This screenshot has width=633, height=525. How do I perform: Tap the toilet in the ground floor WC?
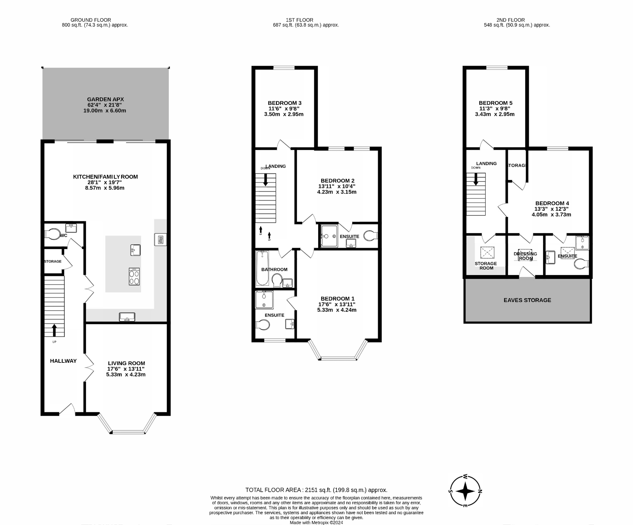tap(51, 234)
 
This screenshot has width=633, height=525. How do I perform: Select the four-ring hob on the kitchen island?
tap(134, 276)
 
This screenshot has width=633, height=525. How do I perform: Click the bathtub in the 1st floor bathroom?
tap(262, 268)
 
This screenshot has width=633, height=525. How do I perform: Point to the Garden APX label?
tap(105, 99)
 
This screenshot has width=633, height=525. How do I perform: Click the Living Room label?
tap(126, 363)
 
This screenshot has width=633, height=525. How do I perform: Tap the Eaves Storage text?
tap(527, 300)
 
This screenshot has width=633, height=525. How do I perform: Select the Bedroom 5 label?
tap(496, 103)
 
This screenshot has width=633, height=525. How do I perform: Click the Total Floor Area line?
tap(316, 490)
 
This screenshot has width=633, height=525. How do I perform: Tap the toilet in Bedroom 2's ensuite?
tap(371, 236)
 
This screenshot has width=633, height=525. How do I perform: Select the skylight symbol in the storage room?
tap(487, 253)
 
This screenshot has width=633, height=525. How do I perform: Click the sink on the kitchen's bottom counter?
tap(127, 317)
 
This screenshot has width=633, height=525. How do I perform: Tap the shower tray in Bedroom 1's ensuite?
tap(264, 299)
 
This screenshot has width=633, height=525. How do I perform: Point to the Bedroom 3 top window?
tap(284, 68)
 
